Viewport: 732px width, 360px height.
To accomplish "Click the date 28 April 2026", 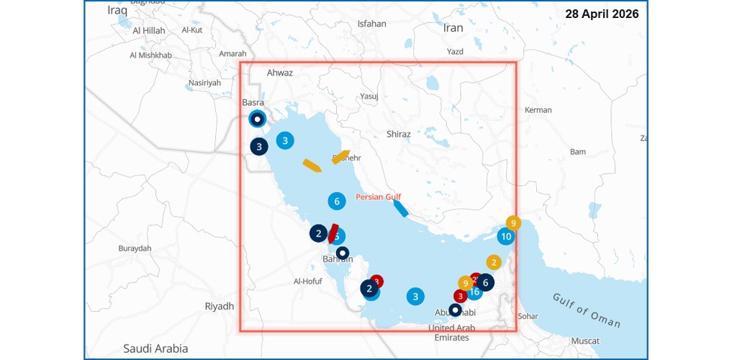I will (x=602, y=14).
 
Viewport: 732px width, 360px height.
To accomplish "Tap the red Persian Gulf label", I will (x=379, y=197).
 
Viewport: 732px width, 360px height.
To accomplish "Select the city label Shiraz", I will (x=398, y=134).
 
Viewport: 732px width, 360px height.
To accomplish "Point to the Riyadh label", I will (x=220, y=306).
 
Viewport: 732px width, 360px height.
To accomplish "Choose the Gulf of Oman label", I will (x=587, y=309).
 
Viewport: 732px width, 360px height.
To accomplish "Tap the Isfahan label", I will (x=371, y=24).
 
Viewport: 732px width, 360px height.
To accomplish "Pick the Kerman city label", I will (x=538, y=110).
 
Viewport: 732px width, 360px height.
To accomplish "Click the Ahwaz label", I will (x=280, y=73).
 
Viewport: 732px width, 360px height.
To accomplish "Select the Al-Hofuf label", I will (x=311, y=282).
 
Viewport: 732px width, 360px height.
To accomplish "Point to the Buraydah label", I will (x=135, y=248).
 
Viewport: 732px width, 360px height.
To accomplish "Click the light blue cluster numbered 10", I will (x=506, y=236).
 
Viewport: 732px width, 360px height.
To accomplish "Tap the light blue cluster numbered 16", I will (x=474, y=292).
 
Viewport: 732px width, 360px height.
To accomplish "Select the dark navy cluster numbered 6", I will (x=486, y=283).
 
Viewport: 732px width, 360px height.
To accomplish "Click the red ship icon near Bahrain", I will (x=333, y=233).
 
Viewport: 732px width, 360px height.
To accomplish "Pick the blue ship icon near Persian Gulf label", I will (x=401, y=208).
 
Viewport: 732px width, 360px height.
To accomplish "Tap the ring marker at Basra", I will (x=257, y=119).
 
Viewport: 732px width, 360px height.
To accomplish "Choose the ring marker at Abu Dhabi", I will (x=455, y=310).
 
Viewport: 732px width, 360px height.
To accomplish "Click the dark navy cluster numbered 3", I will (x=259, y=146).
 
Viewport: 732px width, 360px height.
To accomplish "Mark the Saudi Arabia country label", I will (x=155, y=348).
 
